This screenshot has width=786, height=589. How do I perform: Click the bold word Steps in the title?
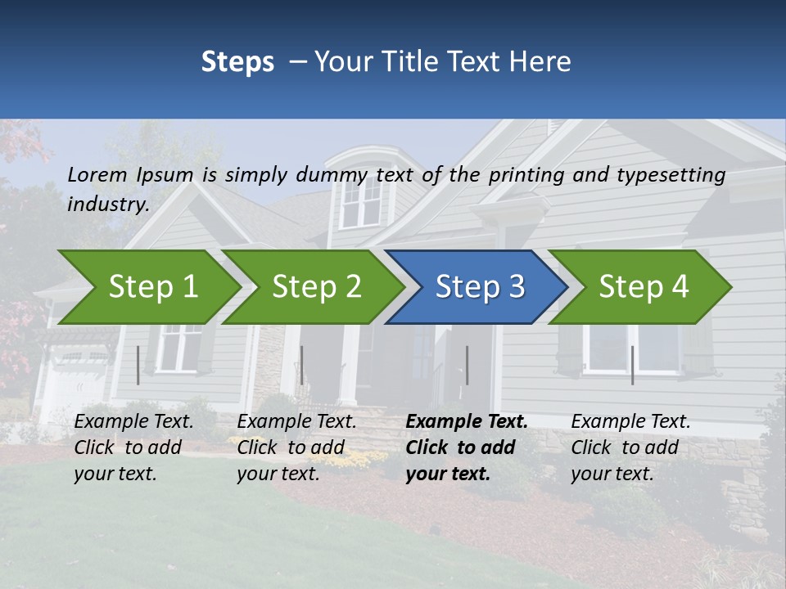237,62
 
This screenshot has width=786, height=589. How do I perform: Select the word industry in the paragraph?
107,204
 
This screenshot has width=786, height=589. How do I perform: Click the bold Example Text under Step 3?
467,422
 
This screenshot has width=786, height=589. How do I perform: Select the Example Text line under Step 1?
133,422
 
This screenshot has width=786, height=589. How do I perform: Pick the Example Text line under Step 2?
296,422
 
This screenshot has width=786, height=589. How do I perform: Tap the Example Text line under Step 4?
630,422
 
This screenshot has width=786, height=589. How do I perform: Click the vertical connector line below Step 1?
138,365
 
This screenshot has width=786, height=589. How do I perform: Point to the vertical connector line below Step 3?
467,365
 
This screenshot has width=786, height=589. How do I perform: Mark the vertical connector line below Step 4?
632,365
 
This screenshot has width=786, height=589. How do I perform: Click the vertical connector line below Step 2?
301,365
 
